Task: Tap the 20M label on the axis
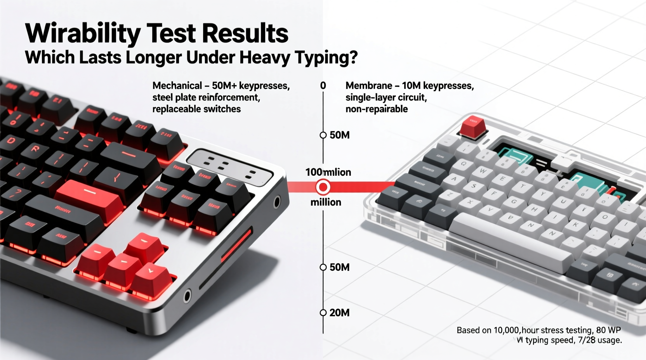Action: [339, 313]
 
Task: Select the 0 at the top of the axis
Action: [323, 86]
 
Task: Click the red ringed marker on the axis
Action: [323, 187]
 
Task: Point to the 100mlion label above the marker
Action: [328, 172]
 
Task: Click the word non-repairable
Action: [376, 109]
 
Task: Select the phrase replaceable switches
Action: [196, 109]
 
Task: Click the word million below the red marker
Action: [326, 202]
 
